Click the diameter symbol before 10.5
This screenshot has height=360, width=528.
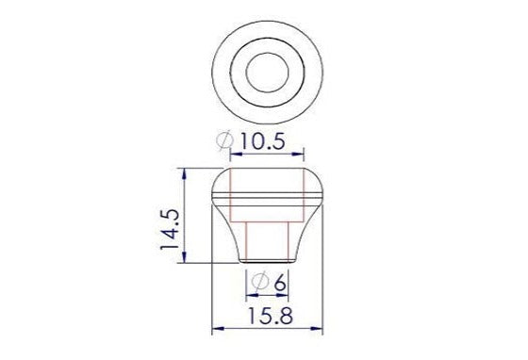pyautogui.click(x=224, y=141)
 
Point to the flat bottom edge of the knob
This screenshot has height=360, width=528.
pyautogui.click(x=268, y=262)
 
